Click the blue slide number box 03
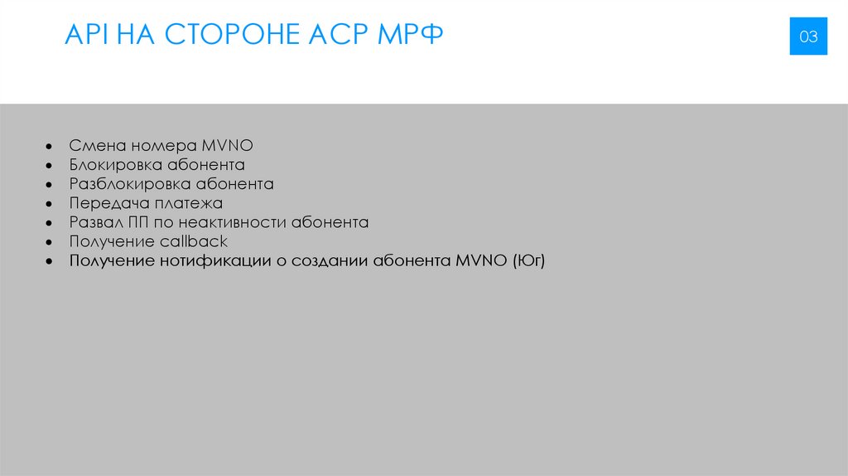(x=808, y=36)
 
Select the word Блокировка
(x=116, y=164)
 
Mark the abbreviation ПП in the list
(x=139, y=222)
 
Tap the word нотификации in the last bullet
(x=219, y=261)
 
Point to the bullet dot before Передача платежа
(x=51, y=204)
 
